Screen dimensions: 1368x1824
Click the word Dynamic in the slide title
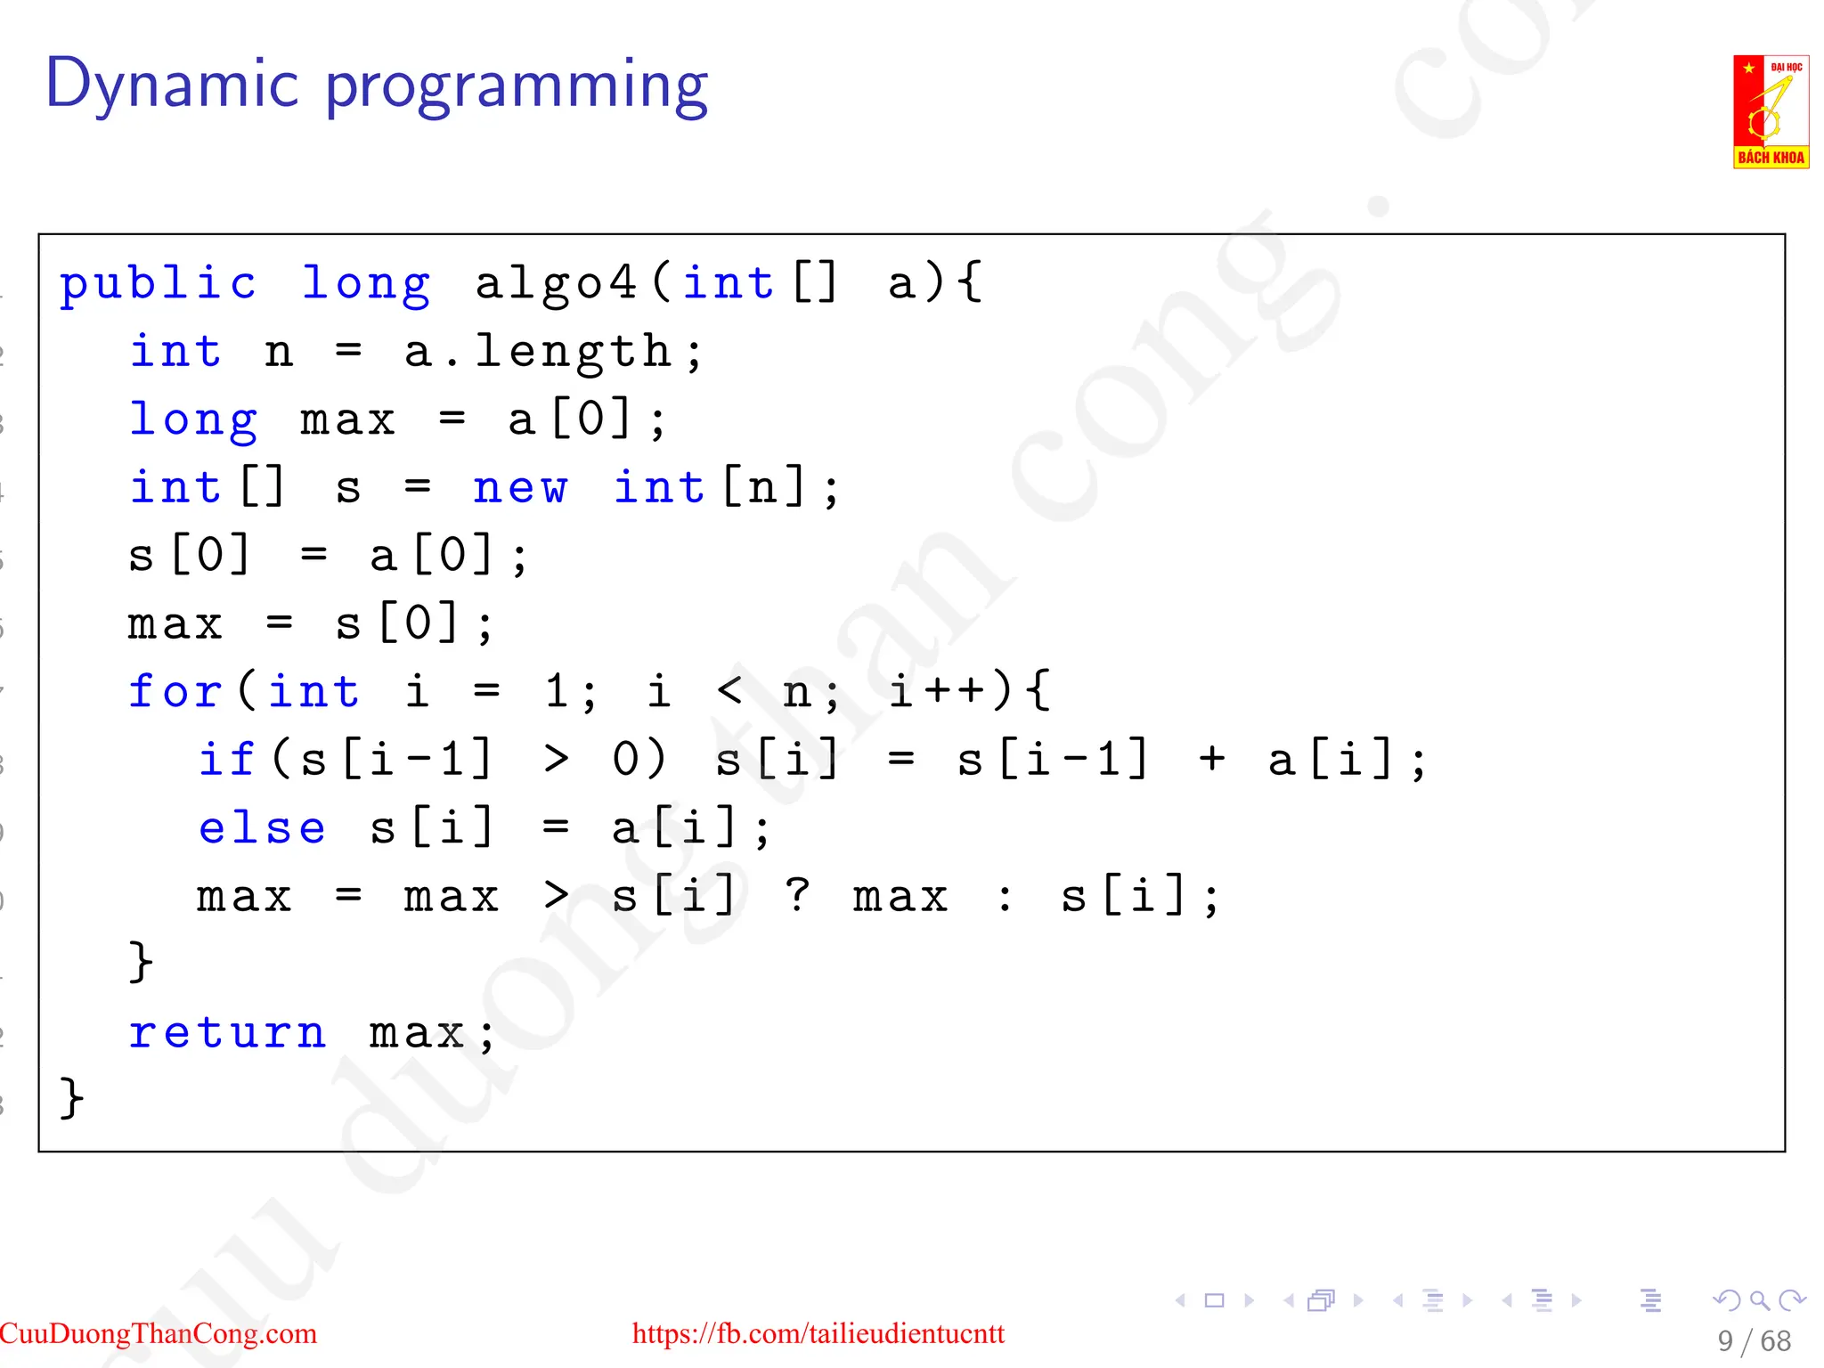(172, 85)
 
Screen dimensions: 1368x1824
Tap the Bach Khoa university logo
(1770, 112)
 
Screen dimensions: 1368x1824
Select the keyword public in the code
(158, 285)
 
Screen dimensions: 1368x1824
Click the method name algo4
(556, 285)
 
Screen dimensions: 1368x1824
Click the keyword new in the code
(519, 488)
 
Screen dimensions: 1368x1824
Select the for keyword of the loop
(174, 691)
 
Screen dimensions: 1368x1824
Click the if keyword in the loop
(226, 760)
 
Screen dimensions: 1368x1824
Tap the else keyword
(261, 828)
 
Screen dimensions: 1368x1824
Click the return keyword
(227, 1033)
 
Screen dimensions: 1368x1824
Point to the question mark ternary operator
(797, 895)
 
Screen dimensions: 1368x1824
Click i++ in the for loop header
(937, 691)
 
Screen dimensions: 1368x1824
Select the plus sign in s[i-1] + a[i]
(1211, 760)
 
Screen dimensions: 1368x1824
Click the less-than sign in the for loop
(729, 691)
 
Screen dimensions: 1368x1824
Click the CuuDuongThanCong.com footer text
(159, 1333)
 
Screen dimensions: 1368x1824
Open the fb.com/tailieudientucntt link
(818, 1333)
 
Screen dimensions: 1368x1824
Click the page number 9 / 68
(1754, 1341)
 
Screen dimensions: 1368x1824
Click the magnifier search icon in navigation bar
(1758, 1301)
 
